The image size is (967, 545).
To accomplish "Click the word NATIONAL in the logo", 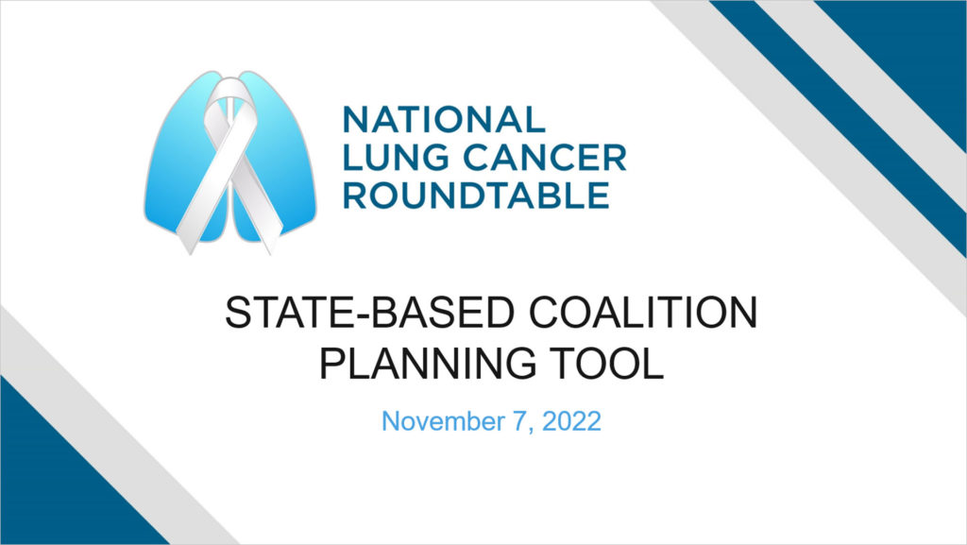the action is [x=444, y=120].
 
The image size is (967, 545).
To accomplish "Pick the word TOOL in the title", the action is [x=607, y=363].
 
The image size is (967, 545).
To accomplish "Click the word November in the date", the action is [x=443, y=421].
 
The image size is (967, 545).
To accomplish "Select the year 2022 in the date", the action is [x=571, y=421].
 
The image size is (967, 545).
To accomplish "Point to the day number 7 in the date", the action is [x=519, y=421].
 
